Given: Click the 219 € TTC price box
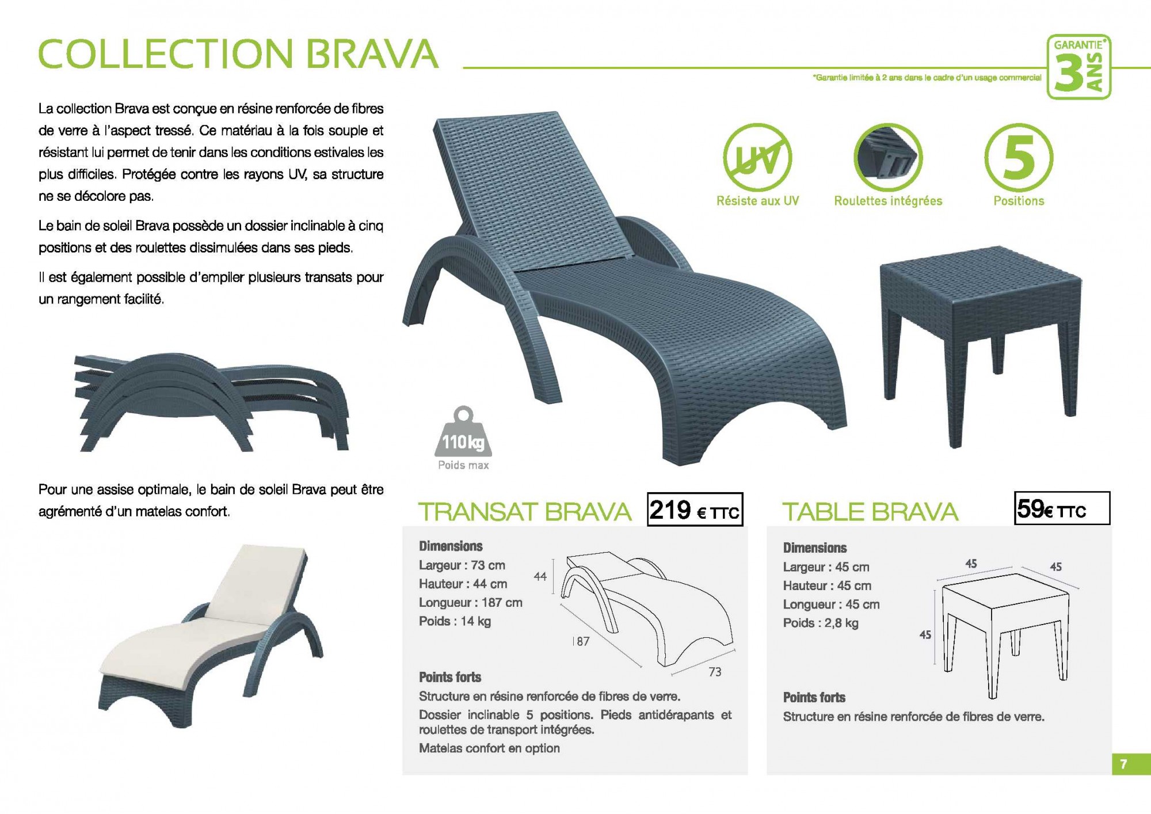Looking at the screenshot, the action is coord(695,509).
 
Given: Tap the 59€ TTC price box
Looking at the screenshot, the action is coord(1062,508).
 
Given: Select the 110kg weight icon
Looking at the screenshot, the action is coord(463,432).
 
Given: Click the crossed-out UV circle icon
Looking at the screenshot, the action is coord(757,158).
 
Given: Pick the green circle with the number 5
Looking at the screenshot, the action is coord(1019,157).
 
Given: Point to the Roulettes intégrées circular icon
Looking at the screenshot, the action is coord(888,158).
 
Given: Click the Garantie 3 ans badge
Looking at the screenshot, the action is coord(1078,67).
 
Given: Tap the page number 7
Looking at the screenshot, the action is coord(1123,764).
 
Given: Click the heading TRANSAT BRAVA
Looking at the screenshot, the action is coord(525,512).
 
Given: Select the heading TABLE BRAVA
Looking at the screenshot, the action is coord(870,512).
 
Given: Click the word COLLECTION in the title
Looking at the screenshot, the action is coord(166,54).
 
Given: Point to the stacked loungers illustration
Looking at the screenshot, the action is coord(212,402).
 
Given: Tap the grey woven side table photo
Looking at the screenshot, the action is coord(981,345).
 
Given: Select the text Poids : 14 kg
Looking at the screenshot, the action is coord(455,621).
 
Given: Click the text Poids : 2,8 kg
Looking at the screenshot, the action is coord(821,623).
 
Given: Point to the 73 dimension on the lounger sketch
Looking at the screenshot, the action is coord(715,672).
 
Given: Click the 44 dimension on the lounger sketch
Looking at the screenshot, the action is coord(540,576).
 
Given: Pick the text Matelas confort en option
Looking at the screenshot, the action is coord(489,748).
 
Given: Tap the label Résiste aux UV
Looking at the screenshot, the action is coord(757,201).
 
